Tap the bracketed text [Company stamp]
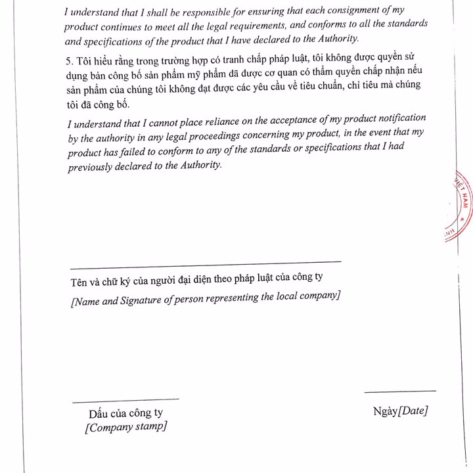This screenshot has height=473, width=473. point(125,426)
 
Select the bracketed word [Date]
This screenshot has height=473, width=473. point(413,411)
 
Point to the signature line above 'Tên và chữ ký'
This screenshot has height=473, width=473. point(205,265)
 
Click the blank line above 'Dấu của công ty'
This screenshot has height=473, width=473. point(125,398)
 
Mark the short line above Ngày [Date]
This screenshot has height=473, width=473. point(399,392)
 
